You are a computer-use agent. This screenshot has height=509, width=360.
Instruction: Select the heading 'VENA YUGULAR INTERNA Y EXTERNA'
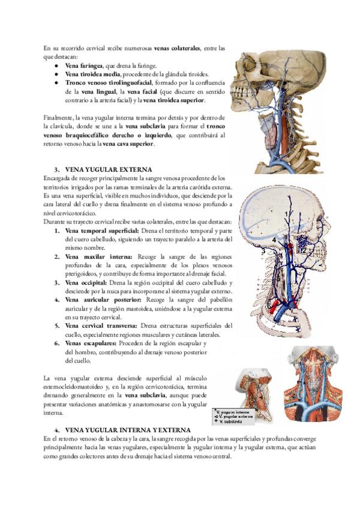click(x=127, y=430)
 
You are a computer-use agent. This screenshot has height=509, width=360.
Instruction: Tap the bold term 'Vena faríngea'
click(x=85, y=65)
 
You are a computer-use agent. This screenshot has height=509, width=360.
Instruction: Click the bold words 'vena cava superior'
click(x=128, y=143)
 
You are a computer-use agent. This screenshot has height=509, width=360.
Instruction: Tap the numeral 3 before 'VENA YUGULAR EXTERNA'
click(x=56, y=170)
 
